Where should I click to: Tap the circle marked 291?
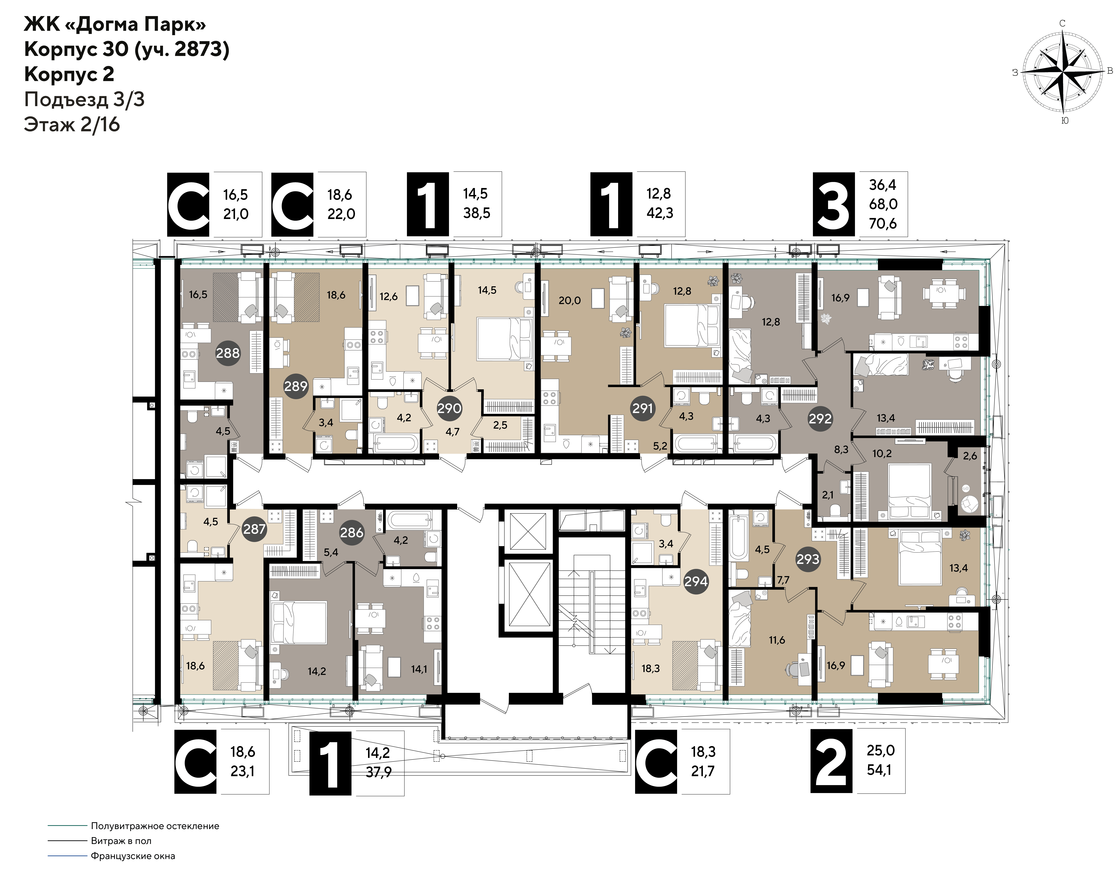pos(642,408)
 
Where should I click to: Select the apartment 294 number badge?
pos(696,581)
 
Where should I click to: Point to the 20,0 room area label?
pos(570,301)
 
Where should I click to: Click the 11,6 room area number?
pos(776,640)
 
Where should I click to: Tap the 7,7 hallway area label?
pos(783,580)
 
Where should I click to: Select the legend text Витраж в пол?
pos(121,841)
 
